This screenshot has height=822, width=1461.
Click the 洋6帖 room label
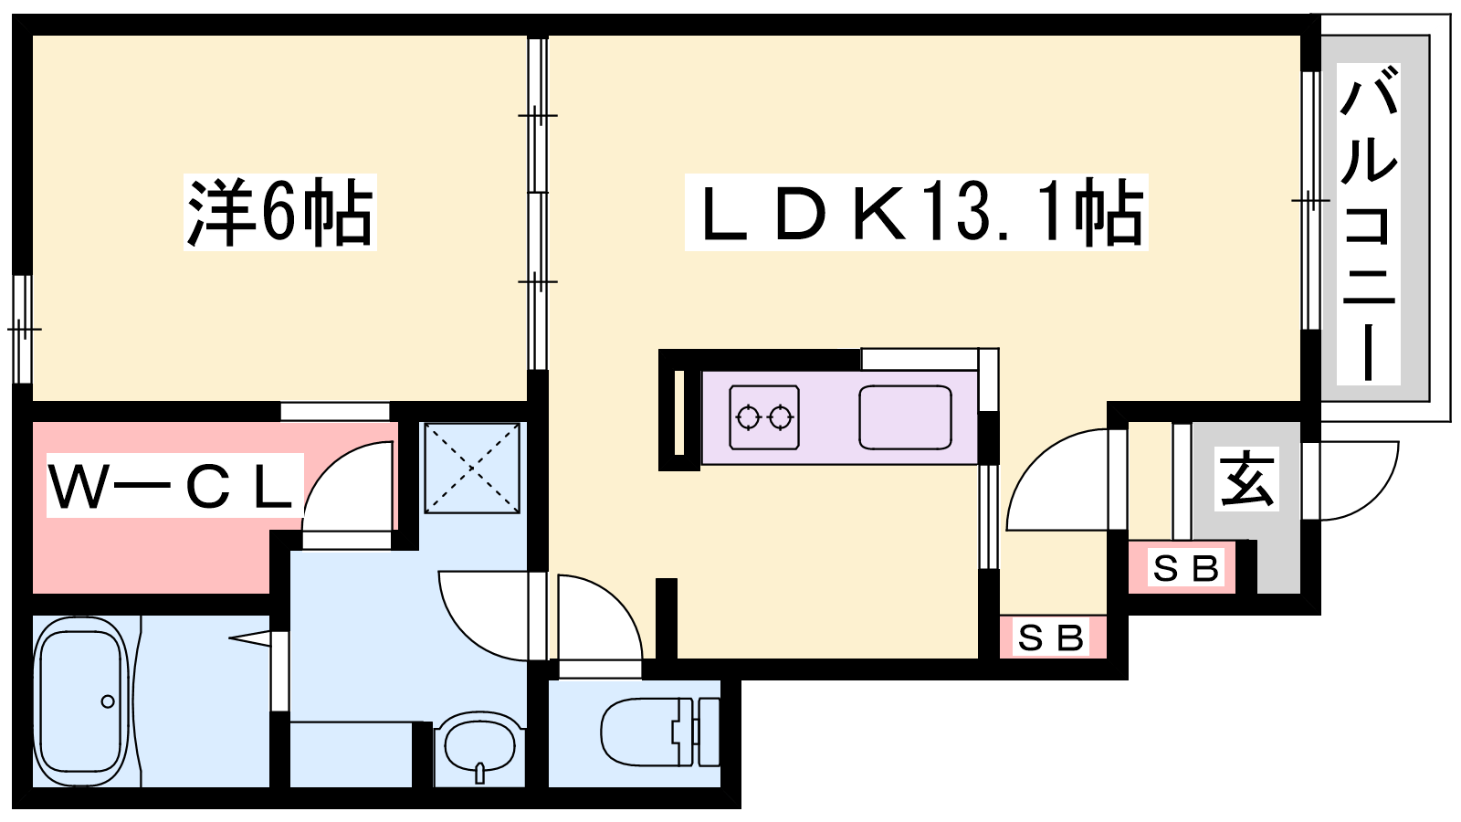280,212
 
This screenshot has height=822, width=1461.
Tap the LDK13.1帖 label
916,212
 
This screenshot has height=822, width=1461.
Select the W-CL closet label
174,486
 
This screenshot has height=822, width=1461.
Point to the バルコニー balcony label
1368,223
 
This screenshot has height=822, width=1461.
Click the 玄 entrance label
1247,479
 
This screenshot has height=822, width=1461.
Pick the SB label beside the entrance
1185,569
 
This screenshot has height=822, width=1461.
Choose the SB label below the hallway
1051,638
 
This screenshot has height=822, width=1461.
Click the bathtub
80,701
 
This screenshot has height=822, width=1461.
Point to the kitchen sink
905,417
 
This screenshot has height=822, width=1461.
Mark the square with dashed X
472,468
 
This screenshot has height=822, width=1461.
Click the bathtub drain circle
108,701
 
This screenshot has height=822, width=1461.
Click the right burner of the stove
779,418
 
